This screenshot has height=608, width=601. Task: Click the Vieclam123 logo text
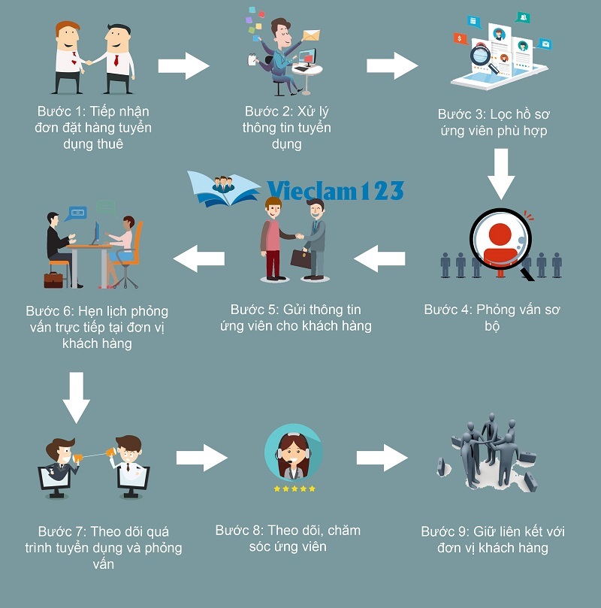(x=334, y=191)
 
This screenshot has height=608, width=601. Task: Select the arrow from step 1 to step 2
(x=185, y=65)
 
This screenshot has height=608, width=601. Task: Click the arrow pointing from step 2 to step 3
(x=392, y=65)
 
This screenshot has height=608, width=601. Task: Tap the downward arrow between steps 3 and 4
(x=500, y=174)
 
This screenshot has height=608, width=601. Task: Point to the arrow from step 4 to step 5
(x=379, y=259)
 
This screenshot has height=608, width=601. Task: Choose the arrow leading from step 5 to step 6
(x=199, y=259)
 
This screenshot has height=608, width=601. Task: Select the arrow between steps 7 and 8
(x=201, y=457)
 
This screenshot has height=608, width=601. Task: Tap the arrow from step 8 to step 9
(x=382, y=457)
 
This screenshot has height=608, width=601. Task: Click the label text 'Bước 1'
(x=59, y=111)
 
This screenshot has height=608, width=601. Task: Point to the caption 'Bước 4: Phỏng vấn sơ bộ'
(x=492, y=318)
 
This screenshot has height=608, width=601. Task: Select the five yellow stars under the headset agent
(x=294, y=489)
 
